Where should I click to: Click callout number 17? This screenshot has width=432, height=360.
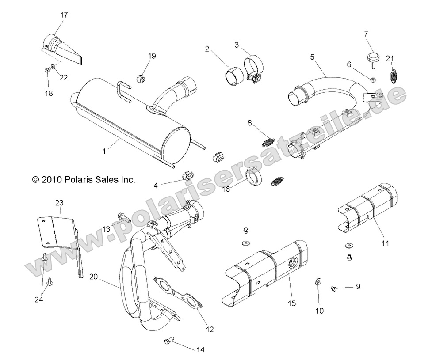64,15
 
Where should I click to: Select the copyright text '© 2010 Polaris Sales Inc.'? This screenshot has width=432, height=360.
77,180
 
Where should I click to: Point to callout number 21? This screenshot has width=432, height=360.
389,58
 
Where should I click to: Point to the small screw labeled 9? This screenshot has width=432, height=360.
335,288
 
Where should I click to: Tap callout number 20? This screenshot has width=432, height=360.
93,277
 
